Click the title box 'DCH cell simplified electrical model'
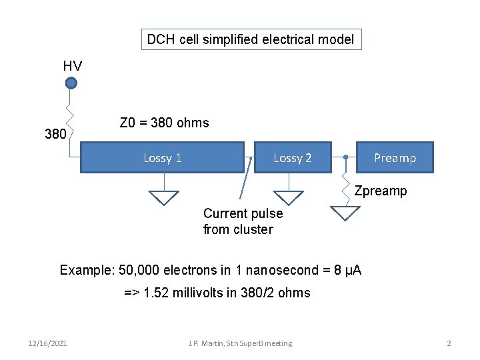pyautogui.click(x=250, y=39)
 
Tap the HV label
pyautogui.click(x=72, y=65)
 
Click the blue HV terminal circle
pyautogui.click(x=71, y=83)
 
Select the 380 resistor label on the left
pyautogui.click(x=55, y=134)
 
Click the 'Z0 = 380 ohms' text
pyautogui.click(x=164, y=123)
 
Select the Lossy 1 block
pyautogui.click(x=162, y=157)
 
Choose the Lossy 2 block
pyautogui.click(x=292, y=157)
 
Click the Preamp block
pyautogui.click(x=395, y=157)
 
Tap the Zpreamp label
pyautogui.click(x=380, y=191)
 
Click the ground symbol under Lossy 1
pyautogui.click(x=163, y=197)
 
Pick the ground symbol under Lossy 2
pyautogui.click(x=289, y=197)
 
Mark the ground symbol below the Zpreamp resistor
pyautogui.click(x=345, y=213)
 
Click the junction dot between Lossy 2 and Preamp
pyautogui.click(x=345, y=157)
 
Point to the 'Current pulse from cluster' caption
pyautogui.click(x=243, y=221)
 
